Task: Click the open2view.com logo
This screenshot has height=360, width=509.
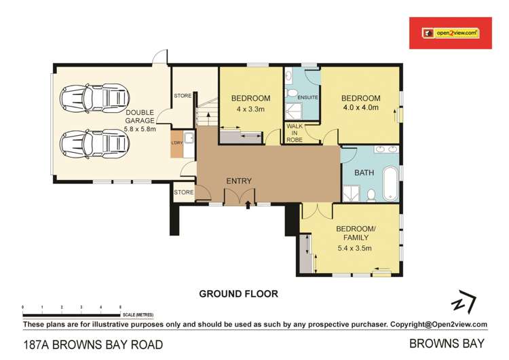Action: [x=451, y=31]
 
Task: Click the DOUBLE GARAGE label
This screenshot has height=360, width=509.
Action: [x=140, y=120]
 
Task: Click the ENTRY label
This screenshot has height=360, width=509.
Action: [x=239, y=181]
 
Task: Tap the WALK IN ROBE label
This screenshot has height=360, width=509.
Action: [x=295, y=132]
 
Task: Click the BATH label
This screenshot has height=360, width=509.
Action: [x=364, y=173]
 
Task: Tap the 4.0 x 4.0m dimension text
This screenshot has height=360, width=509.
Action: [x=360, y=107]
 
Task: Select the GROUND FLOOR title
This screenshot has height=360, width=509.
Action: [x=238, y=294]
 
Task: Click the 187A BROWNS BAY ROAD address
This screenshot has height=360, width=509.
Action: [x=83, y=344]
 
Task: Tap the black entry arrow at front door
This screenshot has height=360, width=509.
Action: [x=247, y=202]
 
